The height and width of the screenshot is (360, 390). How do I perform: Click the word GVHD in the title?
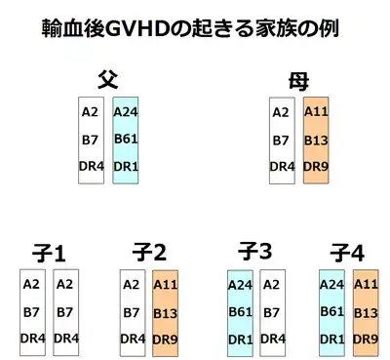pos(138,28)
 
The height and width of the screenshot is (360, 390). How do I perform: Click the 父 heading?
pos(108,80)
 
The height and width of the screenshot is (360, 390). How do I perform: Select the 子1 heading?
pos(49,253)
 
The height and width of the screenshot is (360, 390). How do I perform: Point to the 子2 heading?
pos(149,253)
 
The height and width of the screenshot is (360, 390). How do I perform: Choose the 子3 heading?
pos(254,252)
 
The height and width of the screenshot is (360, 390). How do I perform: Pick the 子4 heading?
pos(347,253)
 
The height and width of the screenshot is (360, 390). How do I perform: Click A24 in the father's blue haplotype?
pos(126,112)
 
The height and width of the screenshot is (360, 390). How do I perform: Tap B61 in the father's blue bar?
pos(126,139)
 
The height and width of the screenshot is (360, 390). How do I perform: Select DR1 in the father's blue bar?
pos(126,167)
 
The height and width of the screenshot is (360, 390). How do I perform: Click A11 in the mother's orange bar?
pos(316,111)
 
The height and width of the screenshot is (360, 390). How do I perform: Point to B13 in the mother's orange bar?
pos(316,140)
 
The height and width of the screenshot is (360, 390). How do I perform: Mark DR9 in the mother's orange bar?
pos(316,167)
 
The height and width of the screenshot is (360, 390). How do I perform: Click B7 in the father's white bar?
pos(90,140)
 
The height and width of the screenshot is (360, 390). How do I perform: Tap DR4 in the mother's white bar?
pos(282,167)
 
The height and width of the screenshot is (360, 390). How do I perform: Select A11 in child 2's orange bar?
pos(166,285)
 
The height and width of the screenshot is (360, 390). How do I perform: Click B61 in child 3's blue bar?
pos(241,312)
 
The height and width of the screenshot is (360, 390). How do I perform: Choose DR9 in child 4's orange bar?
pos(366,340)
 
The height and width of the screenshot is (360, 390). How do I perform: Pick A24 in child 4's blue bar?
pos(331,285)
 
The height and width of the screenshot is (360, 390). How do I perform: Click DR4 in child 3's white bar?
pos(273,339)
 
